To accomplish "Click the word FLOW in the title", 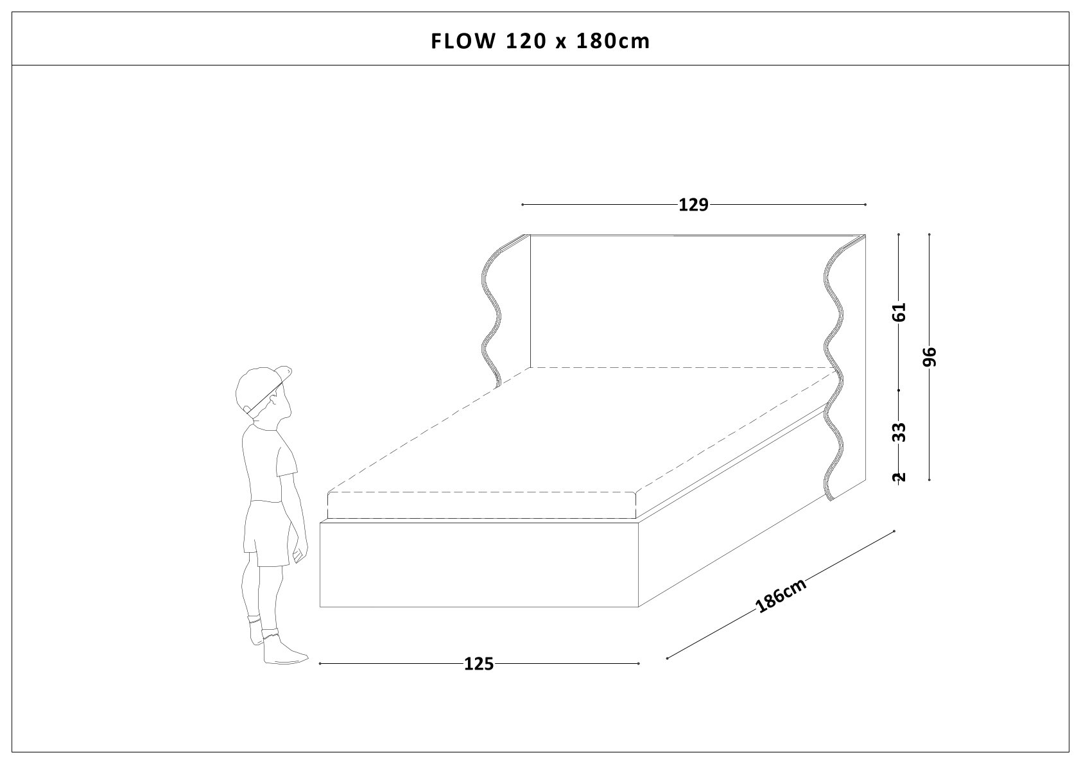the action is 463,42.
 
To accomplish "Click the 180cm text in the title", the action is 614,42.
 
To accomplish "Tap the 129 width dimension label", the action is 693,205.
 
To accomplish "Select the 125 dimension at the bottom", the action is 479,664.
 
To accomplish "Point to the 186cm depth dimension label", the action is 781,596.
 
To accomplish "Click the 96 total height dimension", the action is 929,357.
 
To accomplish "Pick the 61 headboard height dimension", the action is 899,312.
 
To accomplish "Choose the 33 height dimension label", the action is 899,433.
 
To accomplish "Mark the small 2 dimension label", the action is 899,478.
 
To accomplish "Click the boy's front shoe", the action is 284,648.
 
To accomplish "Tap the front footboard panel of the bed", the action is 480,564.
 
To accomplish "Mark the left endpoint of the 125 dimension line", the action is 320,664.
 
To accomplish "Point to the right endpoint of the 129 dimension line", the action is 866,205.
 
